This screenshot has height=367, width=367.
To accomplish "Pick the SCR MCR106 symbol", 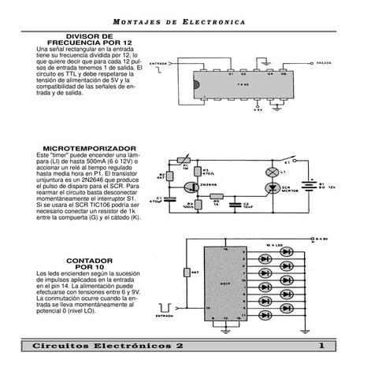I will (x=273, y=189).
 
